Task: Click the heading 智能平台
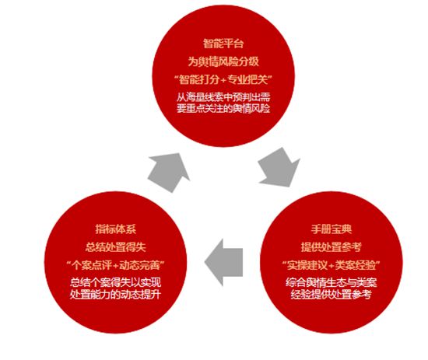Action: coord(223,44)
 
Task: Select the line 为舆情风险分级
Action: coord(223,61)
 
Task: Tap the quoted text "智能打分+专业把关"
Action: coord(223,80)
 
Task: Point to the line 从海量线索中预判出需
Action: coord(223,97)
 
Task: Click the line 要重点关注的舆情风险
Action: coord(223,108)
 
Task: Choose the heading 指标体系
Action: coord(116,229)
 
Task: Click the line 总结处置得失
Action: coord(116,247)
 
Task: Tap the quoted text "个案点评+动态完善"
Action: coord(116,265)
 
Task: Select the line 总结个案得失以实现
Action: coord(116,282)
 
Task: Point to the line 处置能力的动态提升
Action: coord(116,294)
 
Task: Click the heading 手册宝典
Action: coord(331,229)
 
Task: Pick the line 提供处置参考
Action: coord(331,247)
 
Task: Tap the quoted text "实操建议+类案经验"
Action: coord(331,265)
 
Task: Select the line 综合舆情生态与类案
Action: coord(331,282)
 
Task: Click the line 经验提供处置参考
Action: coord(331,294)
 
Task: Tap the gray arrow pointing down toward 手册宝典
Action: coord(279,167)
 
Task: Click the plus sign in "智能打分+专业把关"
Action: coord(224,80)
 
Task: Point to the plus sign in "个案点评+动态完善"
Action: coord(116,266)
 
